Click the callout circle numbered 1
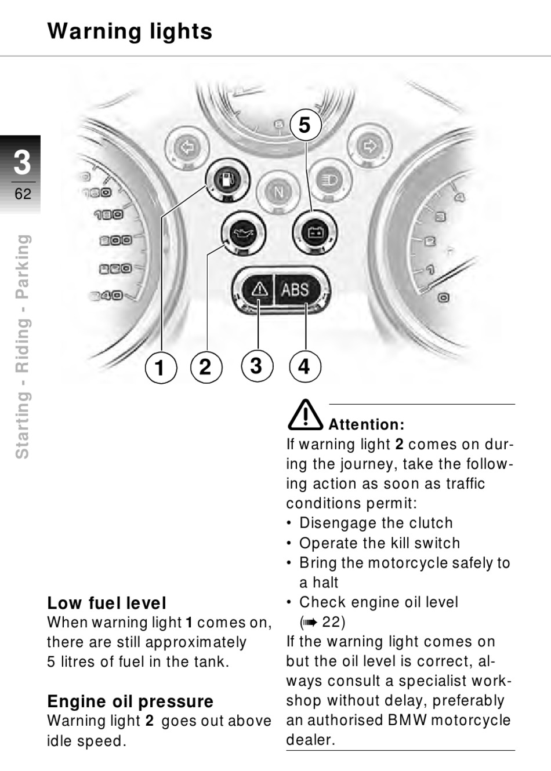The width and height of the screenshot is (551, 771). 161,368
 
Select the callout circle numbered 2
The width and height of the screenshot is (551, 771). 206,367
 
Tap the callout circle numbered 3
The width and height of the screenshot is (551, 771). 257,366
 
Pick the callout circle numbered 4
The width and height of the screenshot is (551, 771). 304,366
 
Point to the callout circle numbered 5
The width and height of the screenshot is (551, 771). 306,125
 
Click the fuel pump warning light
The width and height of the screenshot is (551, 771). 227,180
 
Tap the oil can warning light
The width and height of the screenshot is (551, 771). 244,234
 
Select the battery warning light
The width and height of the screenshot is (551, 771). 314,234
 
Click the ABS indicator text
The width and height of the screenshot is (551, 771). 295,290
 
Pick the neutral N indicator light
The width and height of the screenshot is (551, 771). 278,192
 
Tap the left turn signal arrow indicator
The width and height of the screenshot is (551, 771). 187,148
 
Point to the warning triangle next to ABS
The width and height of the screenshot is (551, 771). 259,289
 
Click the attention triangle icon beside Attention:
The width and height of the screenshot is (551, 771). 304,415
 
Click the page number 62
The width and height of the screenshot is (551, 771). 23,194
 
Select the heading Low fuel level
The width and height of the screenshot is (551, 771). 107,603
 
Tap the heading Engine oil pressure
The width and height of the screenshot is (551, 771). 130,701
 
